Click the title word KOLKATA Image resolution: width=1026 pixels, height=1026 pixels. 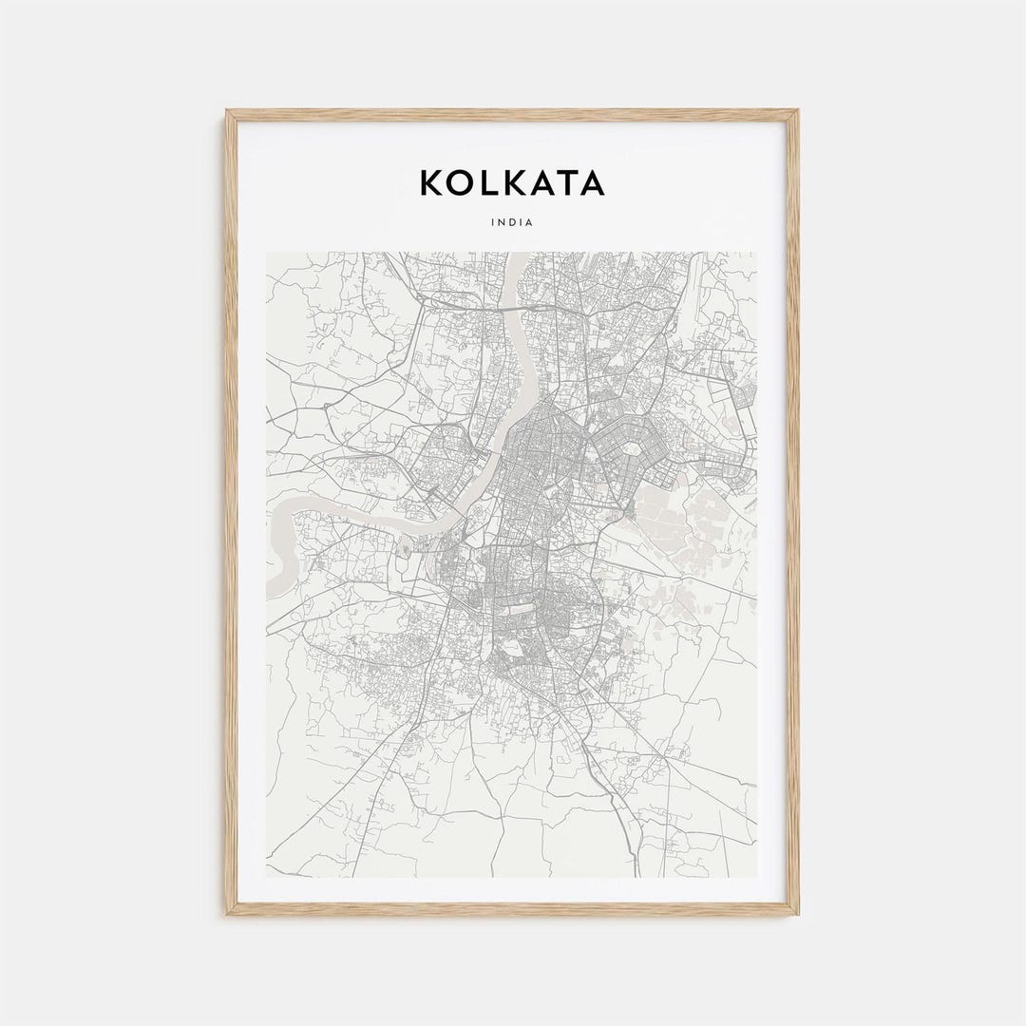512,182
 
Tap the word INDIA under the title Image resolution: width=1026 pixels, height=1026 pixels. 512,223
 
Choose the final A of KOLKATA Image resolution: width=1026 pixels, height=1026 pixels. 592,182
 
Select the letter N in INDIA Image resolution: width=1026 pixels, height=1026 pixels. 503,223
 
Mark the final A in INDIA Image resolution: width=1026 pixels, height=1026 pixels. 530,223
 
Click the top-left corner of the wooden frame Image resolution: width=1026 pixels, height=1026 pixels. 228,112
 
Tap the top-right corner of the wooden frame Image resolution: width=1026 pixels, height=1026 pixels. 796,112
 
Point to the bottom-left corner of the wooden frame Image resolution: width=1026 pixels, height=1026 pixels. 228,913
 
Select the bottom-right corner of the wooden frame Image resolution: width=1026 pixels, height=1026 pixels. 796,913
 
